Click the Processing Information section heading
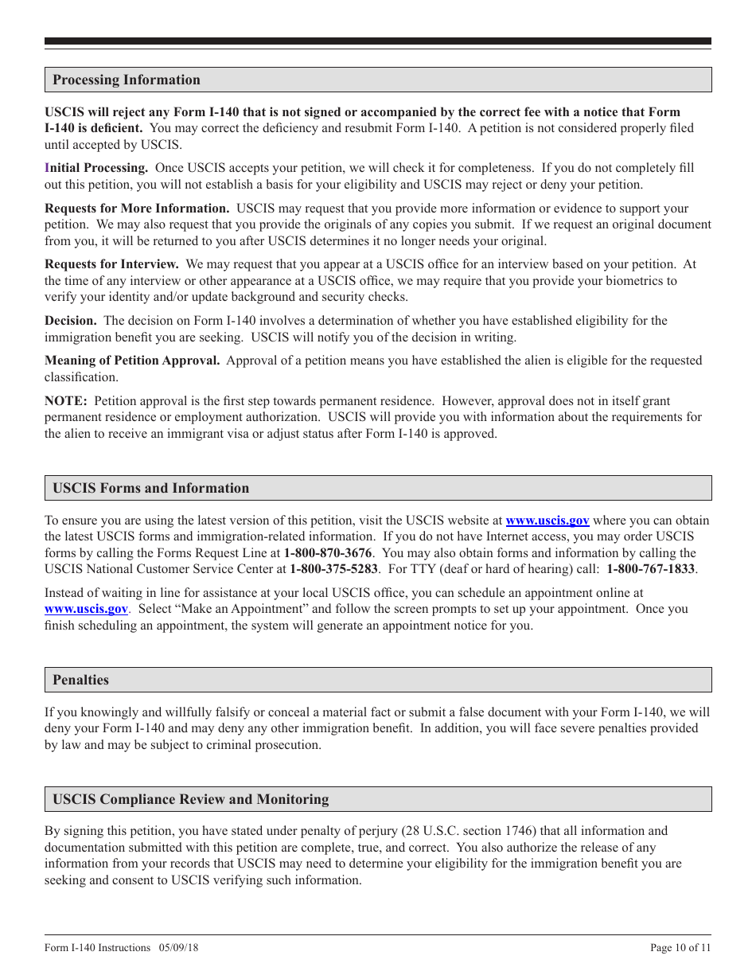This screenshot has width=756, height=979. tap(127, 80)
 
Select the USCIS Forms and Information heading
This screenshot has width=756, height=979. tap(150, 488)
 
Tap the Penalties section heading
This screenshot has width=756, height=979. tap(80, 680)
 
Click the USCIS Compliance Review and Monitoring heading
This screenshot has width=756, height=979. tap(190, 799)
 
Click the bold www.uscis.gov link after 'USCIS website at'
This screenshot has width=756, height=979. tap(548, 521)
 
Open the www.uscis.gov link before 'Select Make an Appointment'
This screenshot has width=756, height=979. tap(86, 609)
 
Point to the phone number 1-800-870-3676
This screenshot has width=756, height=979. tap(328, 552)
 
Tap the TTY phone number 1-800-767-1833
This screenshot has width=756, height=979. tap(650, 569)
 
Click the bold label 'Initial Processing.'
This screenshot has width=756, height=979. tap(96, 168)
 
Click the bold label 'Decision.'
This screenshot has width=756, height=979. tap(71, 321)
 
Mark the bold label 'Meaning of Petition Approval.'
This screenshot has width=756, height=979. tap(132, 361)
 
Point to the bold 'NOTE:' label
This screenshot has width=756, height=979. tap(65, 401)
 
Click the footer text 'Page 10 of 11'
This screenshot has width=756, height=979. tap(680, 947)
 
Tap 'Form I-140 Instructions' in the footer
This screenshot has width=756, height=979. tap(97, 947)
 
